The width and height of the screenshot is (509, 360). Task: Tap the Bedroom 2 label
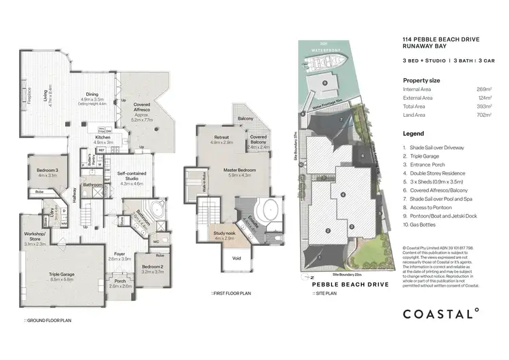(x=153, y=267)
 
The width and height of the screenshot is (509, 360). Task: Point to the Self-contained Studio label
(x=132, y=179)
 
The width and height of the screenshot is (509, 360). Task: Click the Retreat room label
(x=222, y=140)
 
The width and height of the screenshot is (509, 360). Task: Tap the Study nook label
(x=224, y=234)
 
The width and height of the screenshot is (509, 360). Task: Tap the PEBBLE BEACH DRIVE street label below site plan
(x=350, y=285)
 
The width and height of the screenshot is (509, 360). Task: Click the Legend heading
(x=413, y=134)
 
